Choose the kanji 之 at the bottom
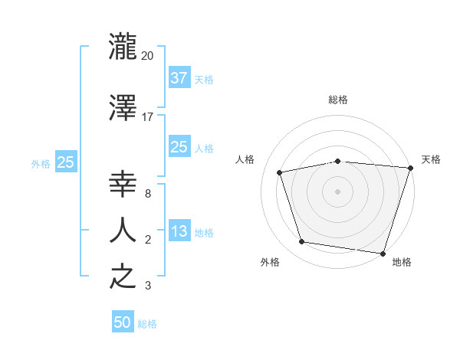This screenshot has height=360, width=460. [x=123, y=277]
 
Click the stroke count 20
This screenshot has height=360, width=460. [x=148, y=56]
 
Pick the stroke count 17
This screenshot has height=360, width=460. [x=148, y=116]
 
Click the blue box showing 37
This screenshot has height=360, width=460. [x=179, y=78]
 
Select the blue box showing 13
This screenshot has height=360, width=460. [x=179, y=231]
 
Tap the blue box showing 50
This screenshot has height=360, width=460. [x=123, y=322]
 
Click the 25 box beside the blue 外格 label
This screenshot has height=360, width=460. [x=65, y=162]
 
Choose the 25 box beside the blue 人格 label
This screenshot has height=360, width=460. [x=179, y=147]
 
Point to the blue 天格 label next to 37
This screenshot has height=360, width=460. [x=204, y=80]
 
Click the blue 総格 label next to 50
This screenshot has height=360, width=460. [x=147, y=324]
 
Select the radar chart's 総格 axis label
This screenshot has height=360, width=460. [x=338, y=100]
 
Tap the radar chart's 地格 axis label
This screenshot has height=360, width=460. [x=402, y=262]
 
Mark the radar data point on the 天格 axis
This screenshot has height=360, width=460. [x=410, y=168]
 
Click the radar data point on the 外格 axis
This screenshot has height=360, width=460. [x=302, y=242]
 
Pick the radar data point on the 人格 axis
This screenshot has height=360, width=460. [x=280, y=172]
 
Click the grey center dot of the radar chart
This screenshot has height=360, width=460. [x=338, y=191]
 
